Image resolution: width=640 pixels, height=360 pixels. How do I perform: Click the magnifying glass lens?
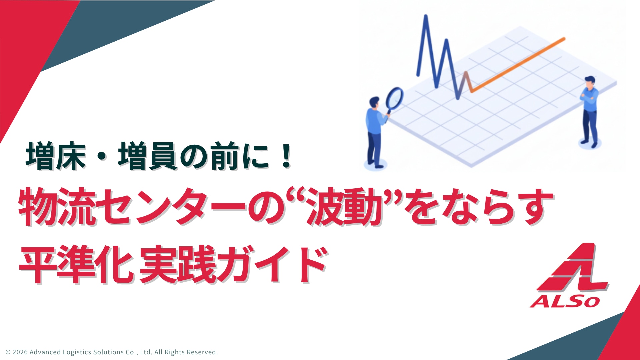[x=395, y=98]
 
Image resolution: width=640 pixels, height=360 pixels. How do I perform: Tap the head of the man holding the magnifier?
[x=374, y=103]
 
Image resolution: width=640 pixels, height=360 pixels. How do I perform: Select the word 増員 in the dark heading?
[x=148, y=156]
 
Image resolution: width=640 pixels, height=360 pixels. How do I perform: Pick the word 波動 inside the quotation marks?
[x=345, y=207]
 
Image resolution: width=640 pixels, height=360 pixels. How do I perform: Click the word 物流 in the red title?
[x=57, y=207]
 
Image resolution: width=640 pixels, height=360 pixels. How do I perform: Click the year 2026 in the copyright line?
[x=20, y=352]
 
